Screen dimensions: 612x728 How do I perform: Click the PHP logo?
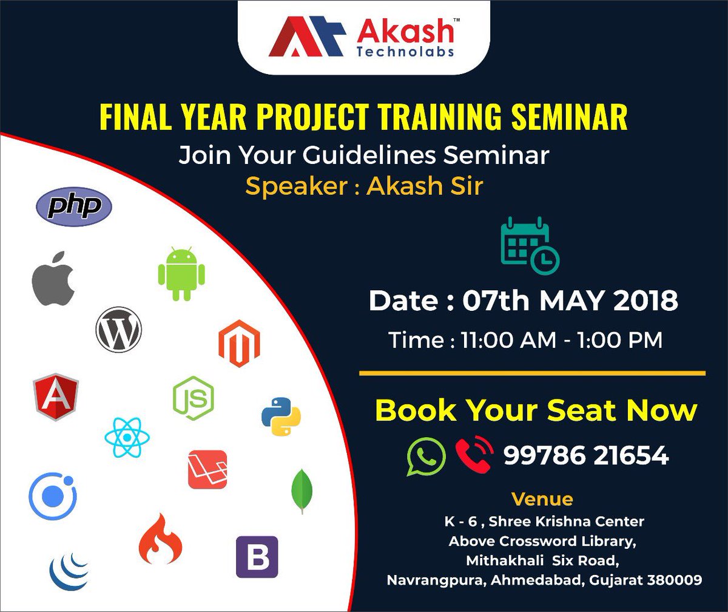click(x=74, y=206)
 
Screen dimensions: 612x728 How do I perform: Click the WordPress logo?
click(x=118, y=330)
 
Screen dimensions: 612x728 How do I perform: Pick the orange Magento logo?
click(x=239, y=344)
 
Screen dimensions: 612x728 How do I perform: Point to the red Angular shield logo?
click(x=56, y=396)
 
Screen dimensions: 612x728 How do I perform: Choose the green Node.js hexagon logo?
click(x=193, y=398)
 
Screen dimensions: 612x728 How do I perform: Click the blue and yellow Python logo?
click(x=281, y=416)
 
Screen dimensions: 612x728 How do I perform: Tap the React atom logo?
click(x=127, y=437)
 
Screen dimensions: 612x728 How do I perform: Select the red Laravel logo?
click(x=207, y=469)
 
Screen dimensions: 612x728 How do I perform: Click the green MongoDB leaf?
click(x=302, y=491)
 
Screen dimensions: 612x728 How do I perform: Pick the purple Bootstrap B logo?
click(x=257, y=557)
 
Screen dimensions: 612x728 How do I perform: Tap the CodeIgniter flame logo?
click(x=160, y=539)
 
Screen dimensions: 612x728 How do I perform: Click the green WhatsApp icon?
click(x=425, y=455)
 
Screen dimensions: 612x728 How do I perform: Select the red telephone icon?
click(x=474, y=455)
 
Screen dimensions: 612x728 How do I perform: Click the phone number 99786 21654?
click(x=586, y=455)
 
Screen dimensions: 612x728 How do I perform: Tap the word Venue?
click(x=542, y=499)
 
